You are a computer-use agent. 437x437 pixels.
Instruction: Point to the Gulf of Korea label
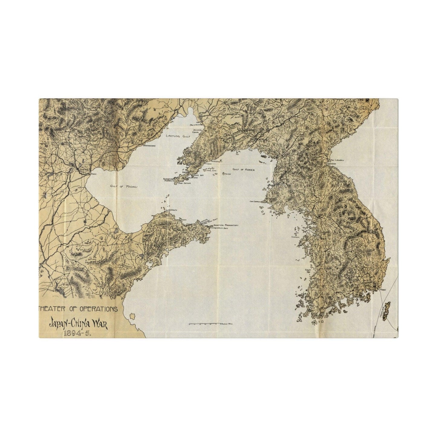243,170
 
